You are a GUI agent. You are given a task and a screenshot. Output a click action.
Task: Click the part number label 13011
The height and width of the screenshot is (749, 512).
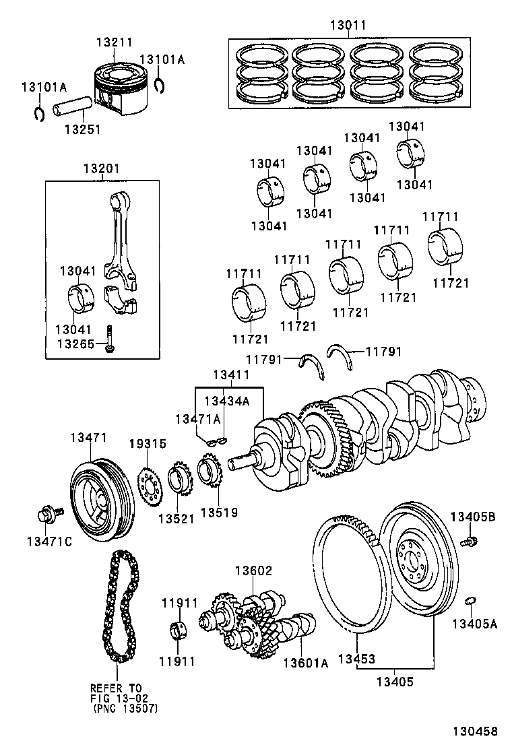tap(348, 26)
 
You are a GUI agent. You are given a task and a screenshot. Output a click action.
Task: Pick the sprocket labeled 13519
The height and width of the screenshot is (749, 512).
tap(210, 476)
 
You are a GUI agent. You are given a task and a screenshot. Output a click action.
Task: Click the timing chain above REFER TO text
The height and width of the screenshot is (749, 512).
tap(118, 606)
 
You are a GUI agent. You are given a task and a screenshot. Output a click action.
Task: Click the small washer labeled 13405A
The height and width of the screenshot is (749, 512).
tap(472, 599)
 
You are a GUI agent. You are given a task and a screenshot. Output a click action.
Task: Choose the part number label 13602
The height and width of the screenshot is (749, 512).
tap(253, 571)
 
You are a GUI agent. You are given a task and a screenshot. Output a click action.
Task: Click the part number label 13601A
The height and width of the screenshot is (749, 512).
tap(305, 663)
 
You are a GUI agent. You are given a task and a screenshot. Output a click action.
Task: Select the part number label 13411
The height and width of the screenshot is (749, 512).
tap(231, 374)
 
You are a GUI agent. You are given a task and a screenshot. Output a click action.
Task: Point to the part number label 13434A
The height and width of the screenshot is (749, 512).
tap(226, 401)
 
